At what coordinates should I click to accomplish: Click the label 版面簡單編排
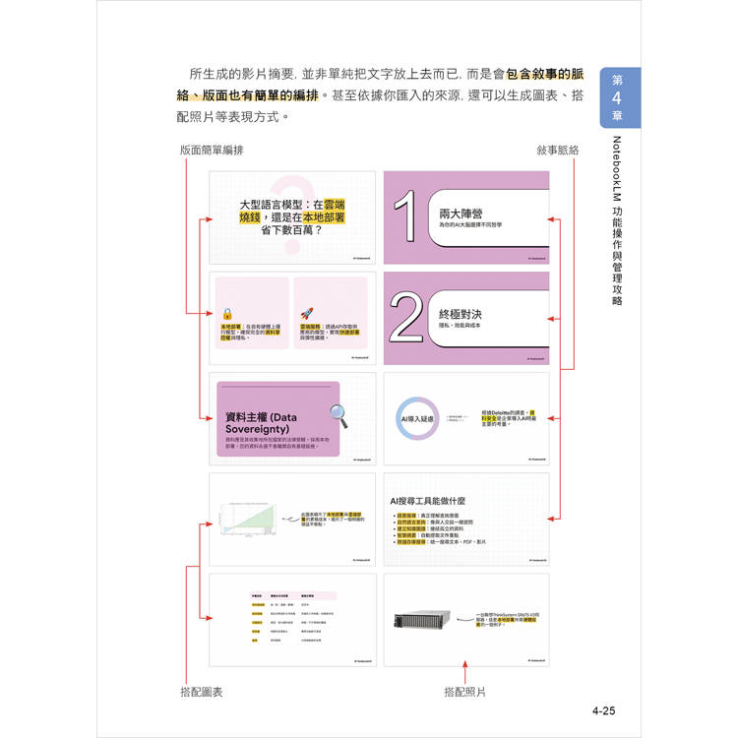click(x=212, y=151)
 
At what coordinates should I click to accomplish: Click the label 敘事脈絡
click(x=558, y=151)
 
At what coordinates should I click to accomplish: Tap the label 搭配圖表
click(x=202, y=692)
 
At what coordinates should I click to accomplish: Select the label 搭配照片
click(x=465, y=692)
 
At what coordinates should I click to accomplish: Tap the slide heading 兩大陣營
click(x=459, y=212)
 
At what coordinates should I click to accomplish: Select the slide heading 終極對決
click(x=459, y=313)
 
